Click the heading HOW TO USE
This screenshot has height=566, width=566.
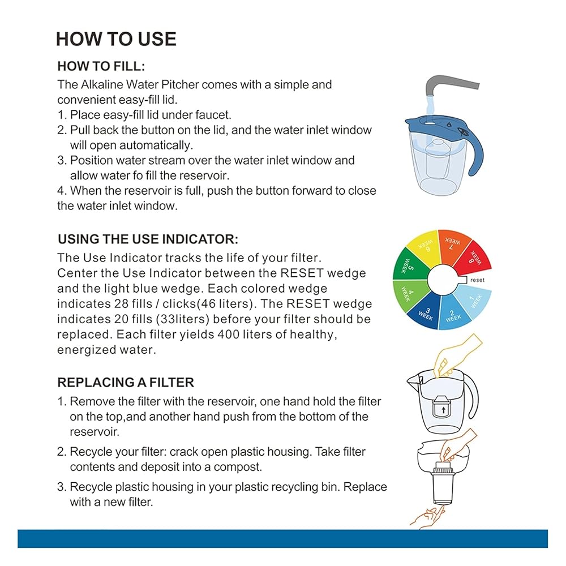(116, 39)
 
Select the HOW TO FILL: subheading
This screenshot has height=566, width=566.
(101, 66)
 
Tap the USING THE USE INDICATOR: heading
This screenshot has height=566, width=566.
(148, 239)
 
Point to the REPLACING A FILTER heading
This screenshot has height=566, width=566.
(126, 382)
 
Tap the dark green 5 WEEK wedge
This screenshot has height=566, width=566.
(409, 267)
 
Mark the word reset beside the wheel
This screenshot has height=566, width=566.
(477, 280)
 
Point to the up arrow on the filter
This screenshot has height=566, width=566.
(444, 410)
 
